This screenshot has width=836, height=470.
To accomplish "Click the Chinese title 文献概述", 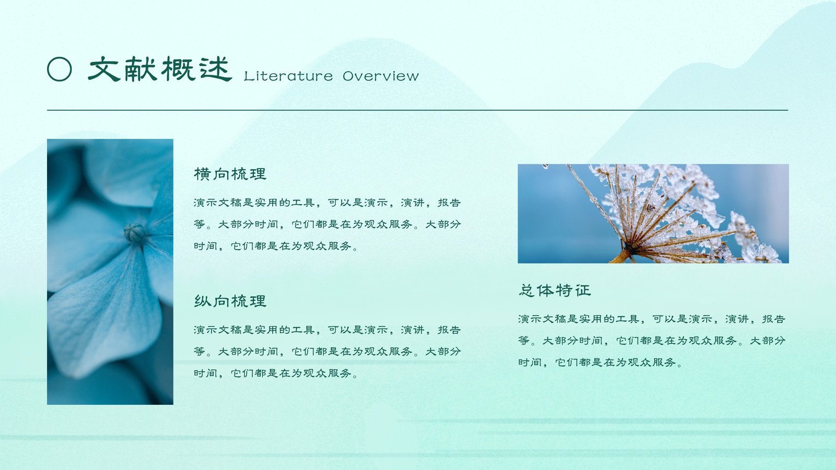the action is (160, 69).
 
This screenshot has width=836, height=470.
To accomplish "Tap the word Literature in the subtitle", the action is (288, 76).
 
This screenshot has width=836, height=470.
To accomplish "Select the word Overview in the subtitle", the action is (381, 76).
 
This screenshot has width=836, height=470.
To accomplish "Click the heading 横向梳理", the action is (230, 174).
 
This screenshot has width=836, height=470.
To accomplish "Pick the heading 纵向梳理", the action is (230, 301).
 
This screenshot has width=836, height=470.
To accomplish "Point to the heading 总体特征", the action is (554, 290).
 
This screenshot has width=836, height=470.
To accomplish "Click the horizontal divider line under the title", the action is (417, 110).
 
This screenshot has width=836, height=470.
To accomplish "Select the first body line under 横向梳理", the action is (327, 203).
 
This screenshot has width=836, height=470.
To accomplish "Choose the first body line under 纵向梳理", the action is (327, 330).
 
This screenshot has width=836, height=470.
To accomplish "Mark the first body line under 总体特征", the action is (652, 319).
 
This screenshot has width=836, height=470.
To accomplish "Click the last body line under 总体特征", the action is (600, 362).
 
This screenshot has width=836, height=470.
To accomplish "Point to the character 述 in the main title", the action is (215, 69).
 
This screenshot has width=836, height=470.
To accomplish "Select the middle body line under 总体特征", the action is (652, 340).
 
